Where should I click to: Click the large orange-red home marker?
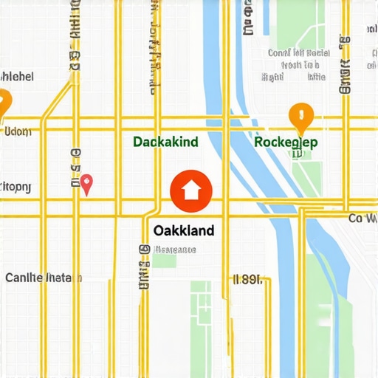tap(190, 190)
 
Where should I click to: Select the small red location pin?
tap(87, 183)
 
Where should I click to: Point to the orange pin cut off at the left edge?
tap(3, 101)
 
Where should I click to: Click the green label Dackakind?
tap(165, 141)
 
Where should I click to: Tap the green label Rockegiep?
tap(285, 141)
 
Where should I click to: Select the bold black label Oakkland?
tap(185, 230)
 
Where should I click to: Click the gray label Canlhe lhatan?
tap(44, 278)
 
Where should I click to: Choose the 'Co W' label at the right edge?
tap(362, 219)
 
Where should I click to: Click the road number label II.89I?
tap(247, 280)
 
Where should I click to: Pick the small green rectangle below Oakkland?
tap(165, 260)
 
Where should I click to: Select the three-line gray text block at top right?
tap(298, 64)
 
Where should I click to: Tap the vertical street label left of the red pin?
tap(75, 169)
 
